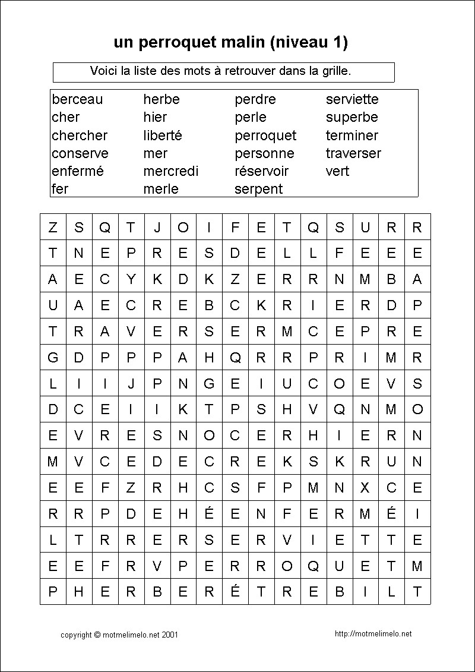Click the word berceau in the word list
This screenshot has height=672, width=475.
77,99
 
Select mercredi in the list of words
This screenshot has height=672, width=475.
170,171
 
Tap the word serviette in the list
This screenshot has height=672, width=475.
351,99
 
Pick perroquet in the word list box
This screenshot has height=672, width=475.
265,135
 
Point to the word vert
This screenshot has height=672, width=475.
337,171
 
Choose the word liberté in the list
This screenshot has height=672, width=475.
162,135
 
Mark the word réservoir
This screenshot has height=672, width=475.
261,171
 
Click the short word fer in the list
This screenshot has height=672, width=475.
60,189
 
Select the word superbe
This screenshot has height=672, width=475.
351,117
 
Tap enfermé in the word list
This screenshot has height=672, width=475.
77,171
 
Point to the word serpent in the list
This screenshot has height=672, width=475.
258,189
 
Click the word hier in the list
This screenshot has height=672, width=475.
155,117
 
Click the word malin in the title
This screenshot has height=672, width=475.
245,43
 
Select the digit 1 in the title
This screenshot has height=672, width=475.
337,43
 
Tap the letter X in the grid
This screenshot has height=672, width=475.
365,488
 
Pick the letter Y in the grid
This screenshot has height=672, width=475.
131,279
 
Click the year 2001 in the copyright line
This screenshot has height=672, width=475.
170,635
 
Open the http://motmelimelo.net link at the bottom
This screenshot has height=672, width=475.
373,634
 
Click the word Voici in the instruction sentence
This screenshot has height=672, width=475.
103,71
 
